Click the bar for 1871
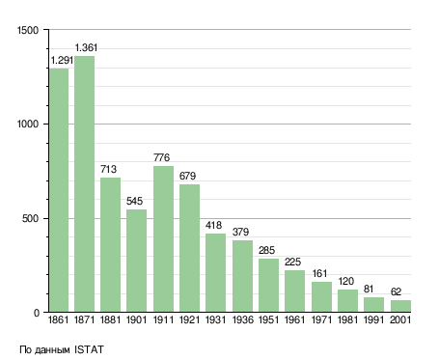point(85,184)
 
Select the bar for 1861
point(59,190)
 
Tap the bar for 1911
point(163,239)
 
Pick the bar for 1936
point(242,276)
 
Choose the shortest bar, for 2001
point(400,306)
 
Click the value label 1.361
point(86,47)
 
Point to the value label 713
point(108,169)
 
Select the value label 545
point(134,201)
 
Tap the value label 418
point(214,225)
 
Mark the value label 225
point(292,262)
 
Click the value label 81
point(369,290)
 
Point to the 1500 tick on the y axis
point(28,30)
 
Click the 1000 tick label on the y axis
point(28,125)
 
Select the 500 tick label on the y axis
point(30,219)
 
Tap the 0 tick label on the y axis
point(37,313)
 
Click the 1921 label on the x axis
point(189,320)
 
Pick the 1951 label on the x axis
point(268,320)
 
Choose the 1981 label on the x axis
point(347,320)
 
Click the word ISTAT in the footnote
point(89,349)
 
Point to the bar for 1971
point(321,297)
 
